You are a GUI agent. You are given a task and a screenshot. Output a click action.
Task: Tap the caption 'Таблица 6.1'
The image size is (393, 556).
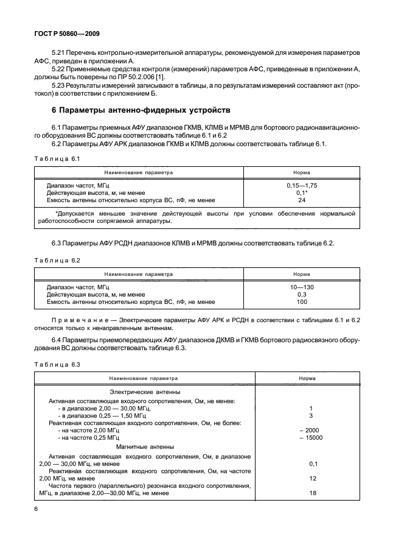tap(57, 158)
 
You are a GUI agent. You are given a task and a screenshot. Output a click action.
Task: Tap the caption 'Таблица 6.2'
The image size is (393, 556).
tap(57, 260)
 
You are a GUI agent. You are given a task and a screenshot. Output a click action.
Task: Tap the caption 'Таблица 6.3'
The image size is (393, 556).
tap(57, 364)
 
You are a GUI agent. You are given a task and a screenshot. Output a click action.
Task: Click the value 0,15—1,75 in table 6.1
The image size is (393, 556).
tap(301, 185)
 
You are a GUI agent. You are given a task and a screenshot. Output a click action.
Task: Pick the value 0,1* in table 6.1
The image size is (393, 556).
tap(301, 192)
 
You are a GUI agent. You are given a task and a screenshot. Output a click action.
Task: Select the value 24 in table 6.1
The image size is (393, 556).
tap(301, 199)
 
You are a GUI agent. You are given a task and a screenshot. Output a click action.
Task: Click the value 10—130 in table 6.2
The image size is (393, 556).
tap(301, 286)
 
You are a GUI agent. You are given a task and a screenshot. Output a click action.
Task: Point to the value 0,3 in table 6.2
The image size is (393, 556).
tap(301, 294)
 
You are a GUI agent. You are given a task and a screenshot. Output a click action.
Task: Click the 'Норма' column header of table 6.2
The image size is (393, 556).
tap(301, 274)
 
